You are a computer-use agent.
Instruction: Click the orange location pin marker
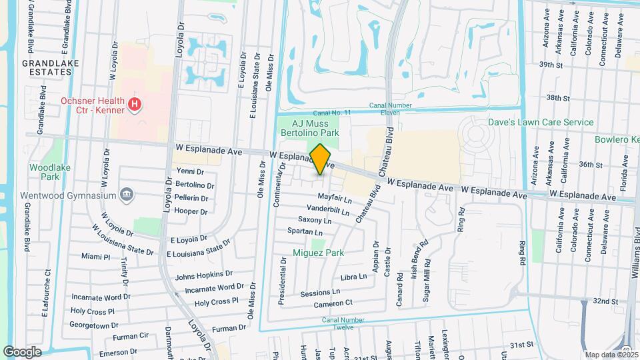321,159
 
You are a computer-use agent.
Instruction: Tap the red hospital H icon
135,104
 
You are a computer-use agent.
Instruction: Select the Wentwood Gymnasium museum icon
127,195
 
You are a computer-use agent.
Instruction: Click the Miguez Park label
318,253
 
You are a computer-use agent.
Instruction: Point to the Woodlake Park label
45,172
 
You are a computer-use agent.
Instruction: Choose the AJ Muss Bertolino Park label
316,128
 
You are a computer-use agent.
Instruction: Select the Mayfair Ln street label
334,199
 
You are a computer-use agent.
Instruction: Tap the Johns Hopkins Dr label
204,275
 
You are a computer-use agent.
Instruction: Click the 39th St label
551,65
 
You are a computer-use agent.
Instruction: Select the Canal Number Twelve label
345,323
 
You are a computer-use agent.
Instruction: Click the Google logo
22,351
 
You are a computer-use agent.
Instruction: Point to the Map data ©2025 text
610,354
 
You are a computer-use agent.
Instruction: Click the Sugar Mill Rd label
426,281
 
